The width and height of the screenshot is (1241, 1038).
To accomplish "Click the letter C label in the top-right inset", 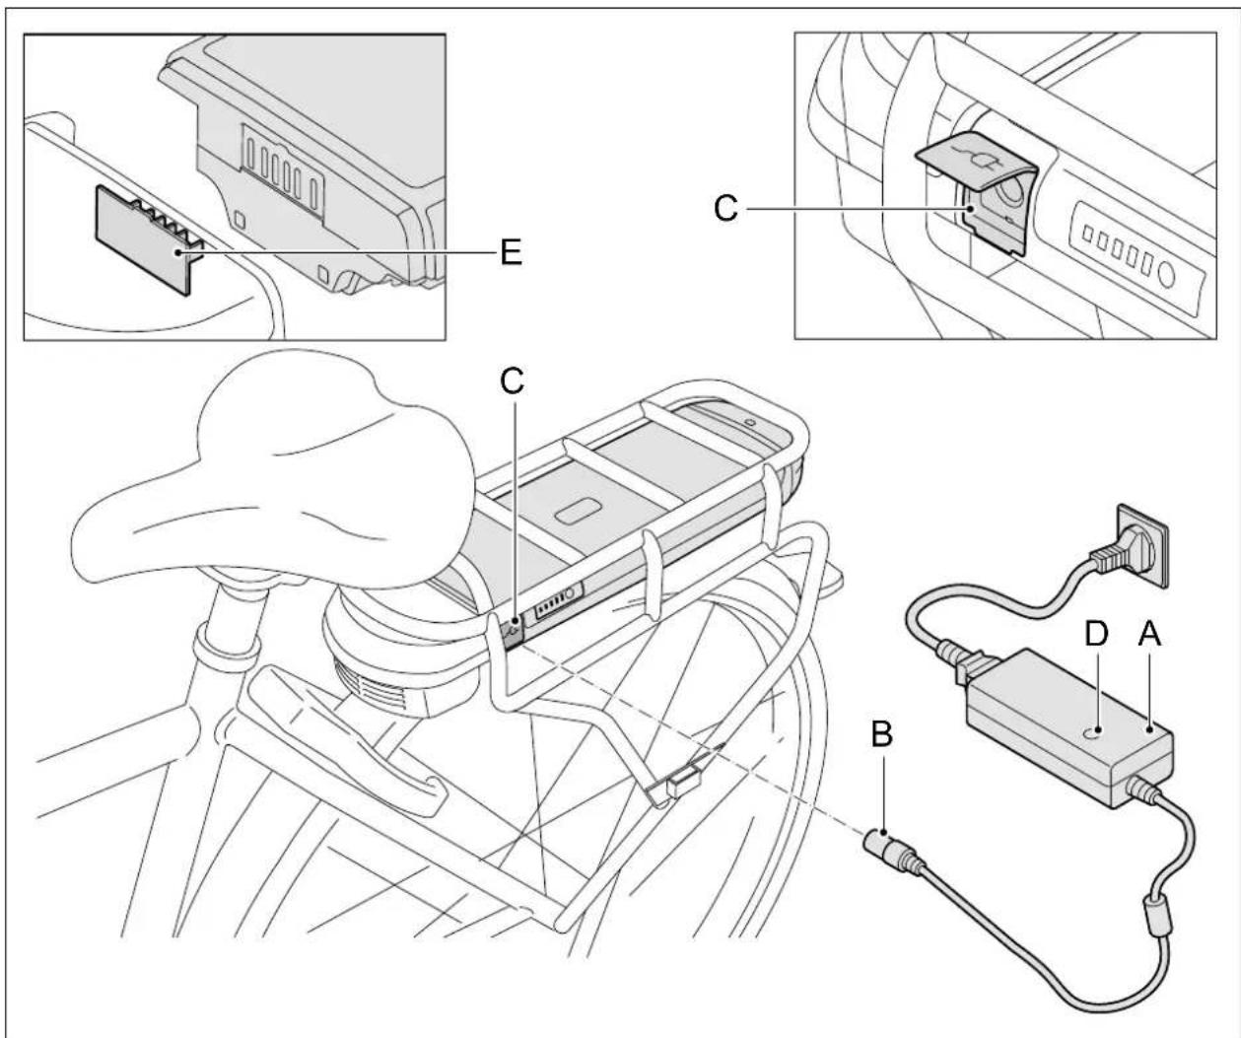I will [725, 210].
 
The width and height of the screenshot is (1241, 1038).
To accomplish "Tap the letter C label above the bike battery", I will [512, 383].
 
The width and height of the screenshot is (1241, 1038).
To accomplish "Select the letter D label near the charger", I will [1097, 637].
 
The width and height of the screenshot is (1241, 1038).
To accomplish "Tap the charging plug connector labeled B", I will [883, 846].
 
